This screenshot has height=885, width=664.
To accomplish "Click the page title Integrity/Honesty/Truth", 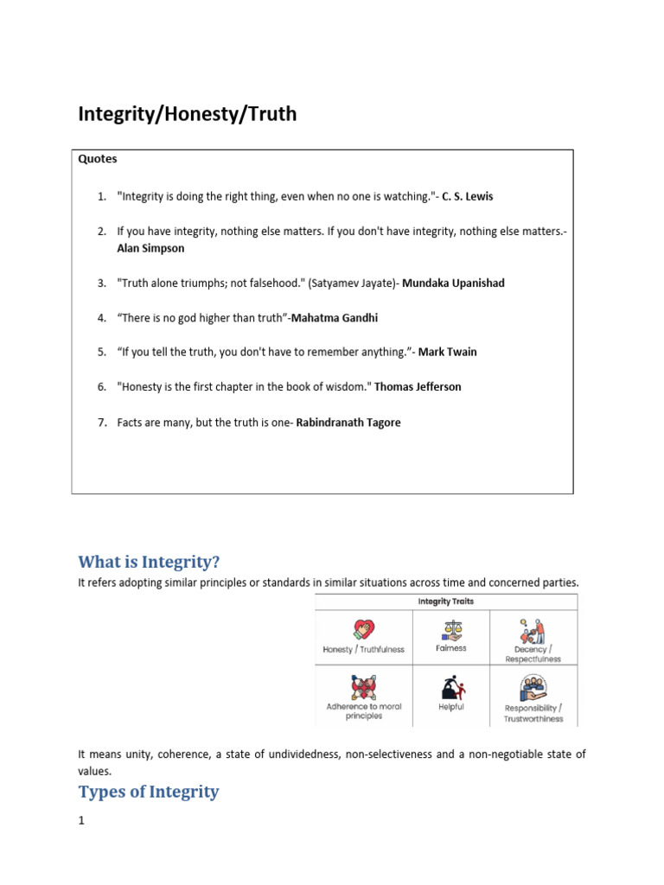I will click(188, 114).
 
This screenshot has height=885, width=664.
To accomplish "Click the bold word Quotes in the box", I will click(98, 159).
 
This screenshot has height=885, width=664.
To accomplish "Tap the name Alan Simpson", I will click(150, 248).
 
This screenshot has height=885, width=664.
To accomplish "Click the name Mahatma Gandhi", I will click(335, 318).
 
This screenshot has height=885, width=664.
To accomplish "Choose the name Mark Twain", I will click(447, 352).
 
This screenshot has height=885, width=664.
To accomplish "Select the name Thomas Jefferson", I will click(418, 387).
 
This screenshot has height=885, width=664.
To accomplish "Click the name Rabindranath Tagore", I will click(348, 423).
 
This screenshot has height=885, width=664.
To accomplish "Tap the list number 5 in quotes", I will click(101, 352).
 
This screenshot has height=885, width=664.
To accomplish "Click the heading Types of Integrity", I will click(149, 792).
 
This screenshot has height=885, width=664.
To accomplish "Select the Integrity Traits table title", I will click(446, 602).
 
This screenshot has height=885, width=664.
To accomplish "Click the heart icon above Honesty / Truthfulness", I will click(364, 629).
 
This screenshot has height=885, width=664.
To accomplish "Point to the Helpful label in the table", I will click(450, 707).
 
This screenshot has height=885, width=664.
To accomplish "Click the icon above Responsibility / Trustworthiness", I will click(533, 688).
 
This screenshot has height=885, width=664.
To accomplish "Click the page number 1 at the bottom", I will click(82, 821).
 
